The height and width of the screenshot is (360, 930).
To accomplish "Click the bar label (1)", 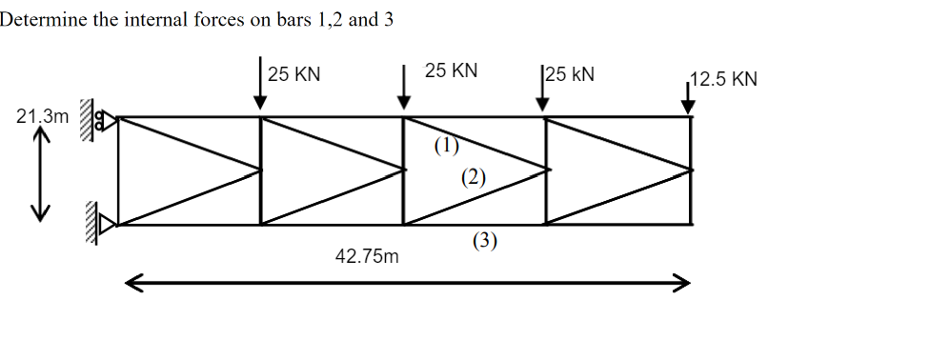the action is coord(446,146).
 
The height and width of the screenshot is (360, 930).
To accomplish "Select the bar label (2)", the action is coord(473,176).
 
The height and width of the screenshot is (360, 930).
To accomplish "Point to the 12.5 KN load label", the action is coord(724,78).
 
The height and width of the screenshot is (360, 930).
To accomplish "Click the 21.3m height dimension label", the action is coord(43,117).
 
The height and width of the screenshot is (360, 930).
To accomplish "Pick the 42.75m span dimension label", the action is coord(368,256).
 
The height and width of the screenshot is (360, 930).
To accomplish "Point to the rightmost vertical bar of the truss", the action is coord(692,171).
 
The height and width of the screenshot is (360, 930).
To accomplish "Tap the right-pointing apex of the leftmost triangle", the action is coord(259,171).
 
